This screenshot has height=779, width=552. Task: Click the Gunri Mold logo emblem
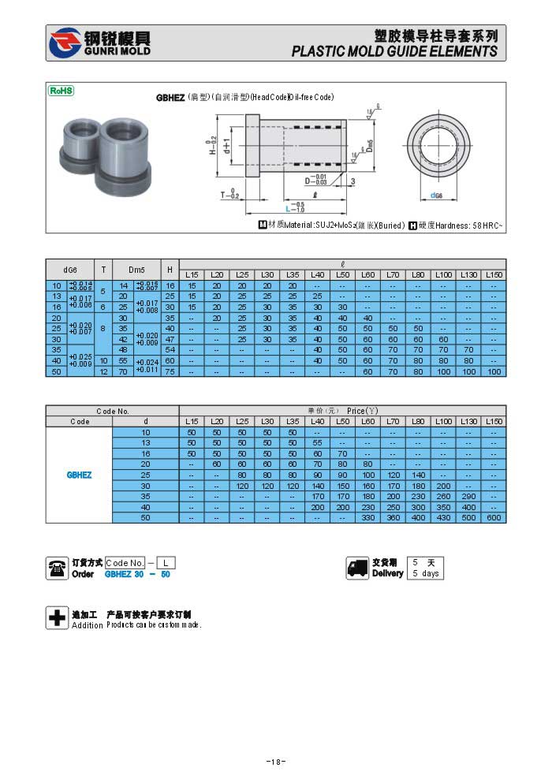65,43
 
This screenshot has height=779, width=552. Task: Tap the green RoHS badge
62,91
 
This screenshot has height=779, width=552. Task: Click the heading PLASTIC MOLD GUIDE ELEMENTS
394,51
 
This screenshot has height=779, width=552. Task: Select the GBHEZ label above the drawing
170,98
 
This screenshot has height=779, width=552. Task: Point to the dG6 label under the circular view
435,195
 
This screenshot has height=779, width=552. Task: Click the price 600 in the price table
494,517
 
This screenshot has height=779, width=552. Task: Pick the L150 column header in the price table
494,421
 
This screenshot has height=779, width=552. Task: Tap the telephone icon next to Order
57,568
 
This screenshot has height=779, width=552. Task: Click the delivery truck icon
358,568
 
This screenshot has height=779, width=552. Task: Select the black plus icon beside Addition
57,618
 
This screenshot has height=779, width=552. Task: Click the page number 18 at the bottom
275,762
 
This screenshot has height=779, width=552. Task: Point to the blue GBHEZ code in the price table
79,475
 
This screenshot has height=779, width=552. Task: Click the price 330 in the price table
368,517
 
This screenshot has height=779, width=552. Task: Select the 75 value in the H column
170,371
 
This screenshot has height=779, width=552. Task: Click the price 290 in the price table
469,496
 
